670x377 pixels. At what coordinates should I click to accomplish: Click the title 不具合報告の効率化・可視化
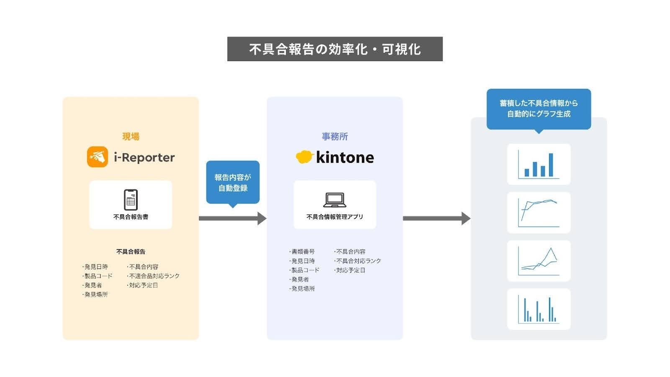coord(335,49)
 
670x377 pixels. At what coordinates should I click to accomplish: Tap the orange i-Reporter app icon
coord(97,157)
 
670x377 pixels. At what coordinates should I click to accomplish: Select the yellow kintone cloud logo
coord(304,157)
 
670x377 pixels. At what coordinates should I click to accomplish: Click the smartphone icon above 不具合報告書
coord(131,199)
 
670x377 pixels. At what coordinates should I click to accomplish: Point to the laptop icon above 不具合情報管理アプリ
coord(335,200)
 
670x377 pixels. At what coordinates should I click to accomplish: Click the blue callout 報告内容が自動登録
coord(233,182)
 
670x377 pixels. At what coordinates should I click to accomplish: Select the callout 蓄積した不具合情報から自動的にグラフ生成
coord(539,108)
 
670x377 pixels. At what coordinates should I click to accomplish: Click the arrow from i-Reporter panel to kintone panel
coord(232,218)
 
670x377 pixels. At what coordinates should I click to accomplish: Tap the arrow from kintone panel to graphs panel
coord(436,218)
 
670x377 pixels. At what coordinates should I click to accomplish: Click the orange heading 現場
coord(131,137)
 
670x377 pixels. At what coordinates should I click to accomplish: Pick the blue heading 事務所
coord(335,137)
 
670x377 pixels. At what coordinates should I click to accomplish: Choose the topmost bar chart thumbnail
coord(539,164)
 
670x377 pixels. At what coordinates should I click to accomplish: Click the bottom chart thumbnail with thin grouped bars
coord(539,309)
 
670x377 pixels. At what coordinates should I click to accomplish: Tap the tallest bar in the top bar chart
coord(551,165)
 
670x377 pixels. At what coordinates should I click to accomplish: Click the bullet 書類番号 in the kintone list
coord(303,252)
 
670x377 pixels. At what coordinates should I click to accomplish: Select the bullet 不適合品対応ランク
coord(154,276)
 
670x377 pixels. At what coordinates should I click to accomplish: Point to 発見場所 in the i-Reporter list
coord(96,294)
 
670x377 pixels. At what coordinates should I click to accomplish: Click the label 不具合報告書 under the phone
coord(131,217)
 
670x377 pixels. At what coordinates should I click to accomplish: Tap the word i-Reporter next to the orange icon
coord(144,158)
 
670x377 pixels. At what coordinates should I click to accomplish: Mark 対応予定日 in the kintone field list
coord(350,270)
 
